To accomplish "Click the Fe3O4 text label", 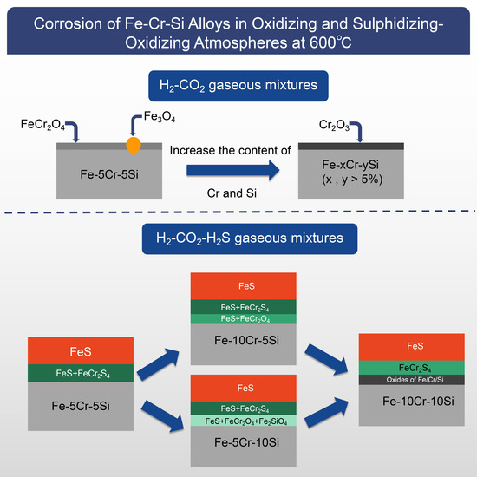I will (148, 114).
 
